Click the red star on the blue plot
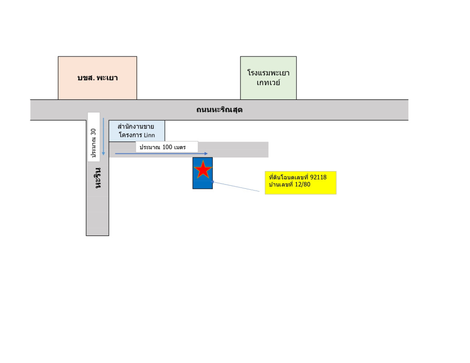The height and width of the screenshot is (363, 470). (203, 169)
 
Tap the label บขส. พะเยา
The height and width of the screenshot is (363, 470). (98, 78)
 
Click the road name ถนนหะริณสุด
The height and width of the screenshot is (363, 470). (220, 110)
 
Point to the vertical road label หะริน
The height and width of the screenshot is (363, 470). (98, 178)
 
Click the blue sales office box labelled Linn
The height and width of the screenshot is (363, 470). (137, 131)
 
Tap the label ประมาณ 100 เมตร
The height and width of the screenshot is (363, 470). (166, 147)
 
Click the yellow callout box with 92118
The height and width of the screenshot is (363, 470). (300, 182)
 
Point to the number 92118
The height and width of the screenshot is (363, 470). (318, 177)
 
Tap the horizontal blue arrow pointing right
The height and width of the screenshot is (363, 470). (161, 154)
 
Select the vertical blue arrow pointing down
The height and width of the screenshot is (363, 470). (103, 136)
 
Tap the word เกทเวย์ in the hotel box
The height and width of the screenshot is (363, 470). (268, 83)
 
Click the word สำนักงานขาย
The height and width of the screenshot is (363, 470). (136, 126)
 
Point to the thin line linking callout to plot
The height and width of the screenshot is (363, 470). (238, 187)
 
